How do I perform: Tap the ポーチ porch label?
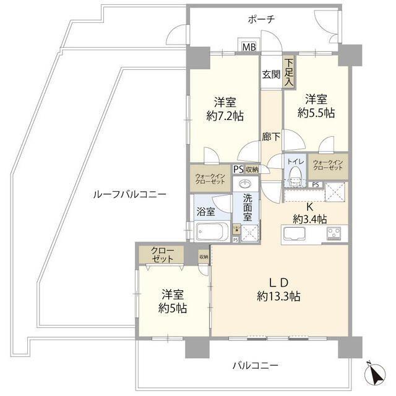tap(261, 19)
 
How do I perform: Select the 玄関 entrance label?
tap(271, 75)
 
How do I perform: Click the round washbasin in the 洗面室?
tap(246, 185)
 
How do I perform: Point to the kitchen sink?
tap(295, 234)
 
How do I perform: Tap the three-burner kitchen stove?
tap(335, 234)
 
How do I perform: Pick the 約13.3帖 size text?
tap(279, 296)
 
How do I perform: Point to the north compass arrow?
tap(374, 374)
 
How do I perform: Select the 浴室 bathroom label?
tap(206, 211)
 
